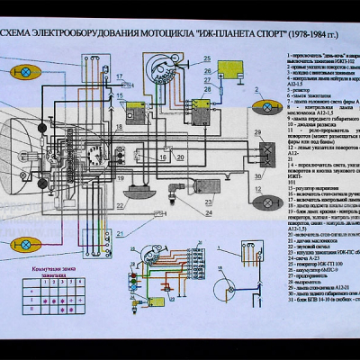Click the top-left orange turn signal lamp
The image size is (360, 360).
[x=28, y=71]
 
